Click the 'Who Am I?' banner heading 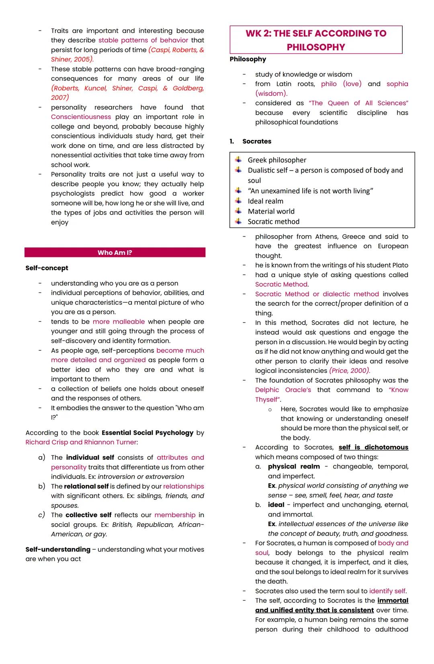pyautogui.click(x=115, y=253)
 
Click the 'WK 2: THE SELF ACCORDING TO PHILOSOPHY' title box pyautogui.click(x=316, y=40)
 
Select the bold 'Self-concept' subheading pyautogui.click(x=47, y=268)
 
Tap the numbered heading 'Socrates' pyautogui.click(x=256, y=141)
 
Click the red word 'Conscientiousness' pyautogui.click(x=81, y=117)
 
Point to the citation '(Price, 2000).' pyautogui.click(x=350, y=370)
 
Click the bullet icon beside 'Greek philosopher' pyautogui.click(x=239, y=160)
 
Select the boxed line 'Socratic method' pyautogui.click(x=273, y=222)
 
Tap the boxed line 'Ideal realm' pyautogui.click(x=265, y=201)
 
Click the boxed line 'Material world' pyautogui.click(x=271, y=211)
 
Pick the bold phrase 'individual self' pyautogui.click(x=90, y=457)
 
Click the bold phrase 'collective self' pyautogui.click(x=88, y=515)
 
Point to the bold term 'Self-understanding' pyautogui.click(x=58, y=549)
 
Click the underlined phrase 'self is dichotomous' pyautogui.click(x=373, y=447)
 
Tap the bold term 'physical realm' pyautogui.click(x=294, y=467)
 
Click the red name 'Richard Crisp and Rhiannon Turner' pyautogui.click(x=81, y=442)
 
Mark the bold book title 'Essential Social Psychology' pyautogui.click(x=147, y=433)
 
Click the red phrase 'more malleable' pyautogui.click(x=119, y=322)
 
